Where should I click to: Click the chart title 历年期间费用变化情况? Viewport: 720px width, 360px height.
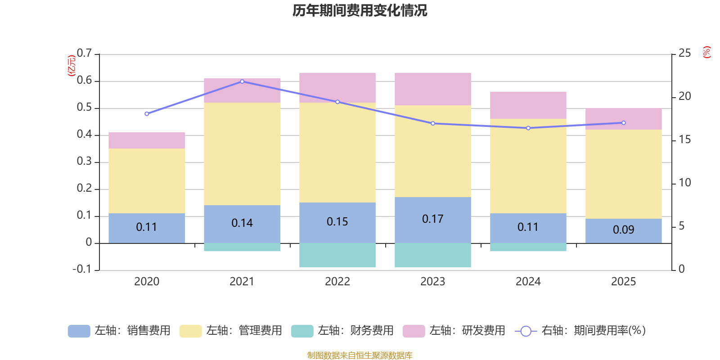(x=360, y=10)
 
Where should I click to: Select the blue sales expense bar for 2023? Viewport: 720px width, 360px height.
(x=433, y=220)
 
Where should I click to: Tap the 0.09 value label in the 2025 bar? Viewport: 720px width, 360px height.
(x=623, y=230)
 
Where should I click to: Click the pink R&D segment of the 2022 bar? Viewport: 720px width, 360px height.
(x=337, y=88)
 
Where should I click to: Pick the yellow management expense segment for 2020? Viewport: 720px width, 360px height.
(x=147, y=181)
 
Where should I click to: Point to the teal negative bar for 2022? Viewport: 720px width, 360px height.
(x=337, y=255)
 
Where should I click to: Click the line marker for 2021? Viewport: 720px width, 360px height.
(x=242, y=81)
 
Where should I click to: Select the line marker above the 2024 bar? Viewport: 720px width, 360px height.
(x=528, y=128)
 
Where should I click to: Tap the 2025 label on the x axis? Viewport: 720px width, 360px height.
(x=623, y=282)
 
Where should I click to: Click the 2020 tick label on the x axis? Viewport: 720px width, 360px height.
(x=147, y=282)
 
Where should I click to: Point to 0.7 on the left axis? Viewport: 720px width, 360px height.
(x=84, y=54)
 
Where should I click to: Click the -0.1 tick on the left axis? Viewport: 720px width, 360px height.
(x=82, y=269)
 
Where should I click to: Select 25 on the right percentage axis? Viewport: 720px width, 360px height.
(x=684, y=54)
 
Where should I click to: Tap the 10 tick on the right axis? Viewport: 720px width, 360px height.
(x=684, y=183)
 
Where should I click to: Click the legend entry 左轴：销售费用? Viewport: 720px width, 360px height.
(x=119, y=331)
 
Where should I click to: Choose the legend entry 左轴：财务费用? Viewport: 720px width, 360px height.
(x=342, y=331)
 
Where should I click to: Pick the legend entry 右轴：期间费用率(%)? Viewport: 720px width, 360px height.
(x=580, y=331)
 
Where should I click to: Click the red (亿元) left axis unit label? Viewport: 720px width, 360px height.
(x=71, y=66)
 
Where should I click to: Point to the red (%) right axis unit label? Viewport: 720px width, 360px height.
(x=706, y=52)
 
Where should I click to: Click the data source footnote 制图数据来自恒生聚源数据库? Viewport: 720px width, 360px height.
(x=360, y=355)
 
